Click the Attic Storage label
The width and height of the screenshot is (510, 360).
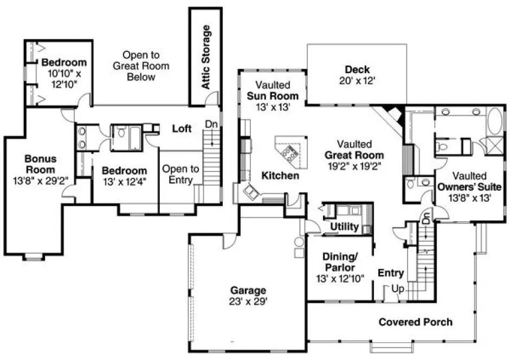(205, 56)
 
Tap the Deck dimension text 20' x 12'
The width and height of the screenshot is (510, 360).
(357, 80)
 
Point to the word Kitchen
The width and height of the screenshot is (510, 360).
(280, 176)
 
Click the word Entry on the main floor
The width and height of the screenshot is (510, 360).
(390, 273)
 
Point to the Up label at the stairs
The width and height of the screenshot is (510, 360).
(397, 290)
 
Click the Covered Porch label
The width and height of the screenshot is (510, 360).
(415, 322)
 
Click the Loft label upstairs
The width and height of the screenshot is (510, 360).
(182, 128)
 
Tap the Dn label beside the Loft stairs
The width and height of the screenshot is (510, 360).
(211, 124)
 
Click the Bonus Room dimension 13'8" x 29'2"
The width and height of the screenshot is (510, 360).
(33, 180)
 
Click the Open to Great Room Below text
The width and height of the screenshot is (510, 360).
(140, 66)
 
